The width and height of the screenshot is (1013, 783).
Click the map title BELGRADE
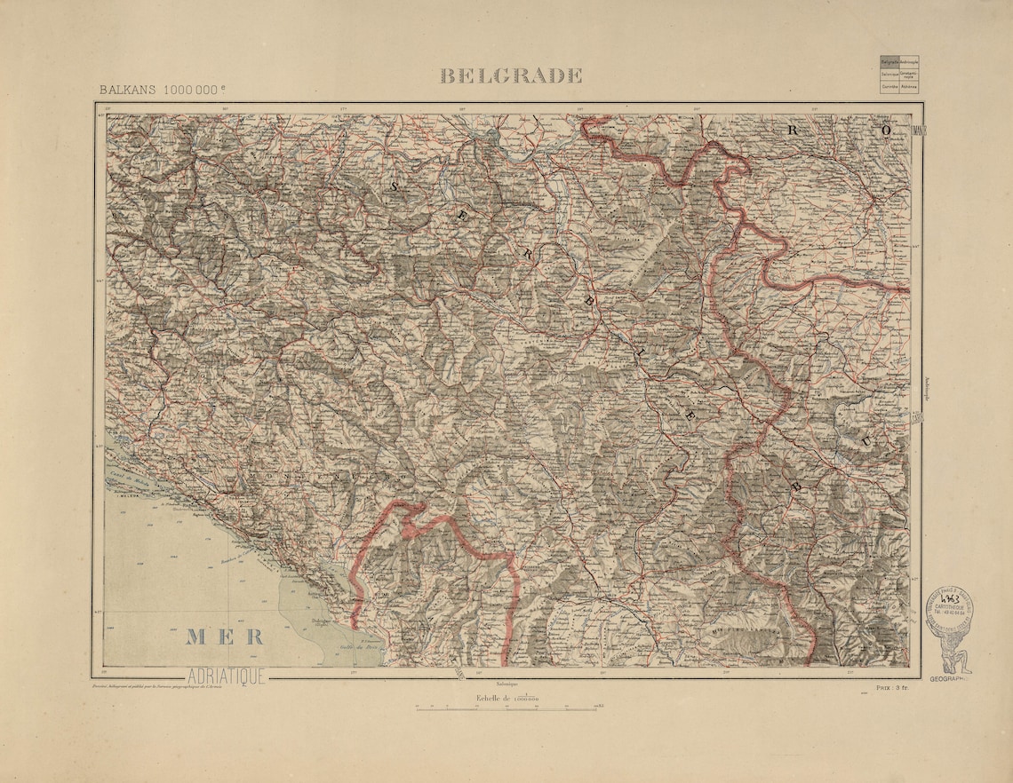click(511, 76)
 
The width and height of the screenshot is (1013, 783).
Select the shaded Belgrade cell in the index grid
click(889, 62)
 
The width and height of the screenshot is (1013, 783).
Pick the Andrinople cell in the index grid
click(909, 62)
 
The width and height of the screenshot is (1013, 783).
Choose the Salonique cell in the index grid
click(889, 75)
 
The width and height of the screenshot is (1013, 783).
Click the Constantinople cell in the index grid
click(909, 75)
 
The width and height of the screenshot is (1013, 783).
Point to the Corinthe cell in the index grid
click(889, 87)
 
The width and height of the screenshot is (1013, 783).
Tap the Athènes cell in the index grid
click(909, 87)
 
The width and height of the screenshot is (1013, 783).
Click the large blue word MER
click(225, 637)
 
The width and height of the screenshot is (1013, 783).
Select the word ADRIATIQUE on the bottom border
click(226, 676)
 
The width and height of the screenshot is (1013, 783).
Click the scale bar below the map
click(506, 708)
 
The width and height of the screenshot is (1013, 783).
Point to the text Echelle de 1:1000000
click(507, 699)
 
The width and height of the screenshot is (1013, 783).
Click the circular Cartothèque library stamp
click(948, 610)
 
